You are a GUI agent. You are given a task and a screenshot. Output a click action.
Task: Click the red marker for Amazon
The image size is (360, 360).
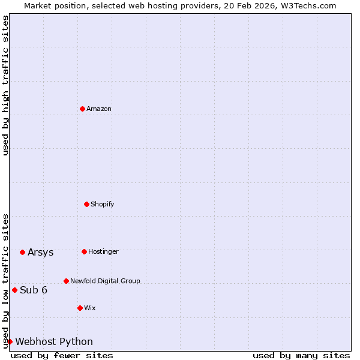tap(82, 109)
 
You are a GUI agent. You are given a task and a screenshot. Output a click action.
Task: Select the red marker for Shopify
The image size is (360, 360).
tap(86, 204)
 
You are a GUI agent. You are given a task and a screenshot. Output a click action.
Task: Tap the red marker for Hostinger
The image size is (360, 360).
tap(84, 251)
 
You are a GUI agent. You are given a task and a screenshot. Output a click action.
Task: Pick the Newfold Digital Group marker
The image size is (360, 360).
tap(66, 281)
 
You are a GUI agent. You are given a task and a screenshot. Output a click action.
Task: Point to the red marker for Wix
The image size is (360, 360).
tap(80, 308)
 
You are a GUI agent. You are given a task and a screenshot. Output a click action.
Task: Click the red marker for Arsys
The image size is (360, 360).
tap(22, 252)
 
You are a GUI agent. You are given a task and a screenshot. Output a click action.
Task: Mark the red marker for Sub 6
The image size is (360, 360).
tap(14, 290)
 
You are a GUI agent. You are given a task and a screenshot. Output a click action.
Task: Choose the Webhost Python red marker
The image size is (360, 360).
tap(10, 341)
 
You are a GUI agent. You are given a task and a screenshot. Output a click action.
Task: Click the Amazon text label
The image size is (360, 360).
tap(99, 109)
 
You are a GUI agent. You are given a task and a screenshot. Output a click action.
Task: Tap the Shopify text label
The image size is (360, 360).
tap(103, 204)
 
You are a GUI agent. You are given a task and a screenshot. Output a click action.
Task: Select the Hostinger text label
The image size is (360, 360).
tap(103, 251)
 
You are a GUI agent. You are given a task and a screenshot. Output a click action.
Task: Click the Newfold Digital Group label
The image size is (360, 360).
tap(105, 281)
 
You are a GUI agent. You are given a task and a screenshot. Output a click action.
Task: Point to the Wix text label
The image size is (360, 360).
tap(89, 308)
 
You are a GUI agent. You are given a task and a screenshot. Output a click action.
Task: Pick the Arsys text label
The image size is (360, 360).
tap(41, 252)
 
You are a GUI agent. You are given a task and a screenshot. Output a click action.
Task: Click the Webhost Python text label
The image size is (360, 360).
tap(54, 341)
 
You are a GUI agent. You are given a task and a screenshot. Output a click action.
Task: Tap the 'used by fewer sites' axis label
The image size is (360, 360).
tap(62, 355)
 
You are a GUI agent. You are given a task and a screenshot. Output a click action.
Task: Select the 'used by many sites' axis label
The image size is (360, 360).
tap(301, 355)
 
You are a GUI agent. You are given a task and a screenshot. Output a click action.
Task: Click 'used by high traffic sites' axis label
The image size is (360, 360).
tap(5, 85)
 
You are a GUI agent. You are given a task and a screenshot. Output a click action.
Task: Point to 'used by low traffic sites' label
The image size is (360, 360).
tap(5, 281)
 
